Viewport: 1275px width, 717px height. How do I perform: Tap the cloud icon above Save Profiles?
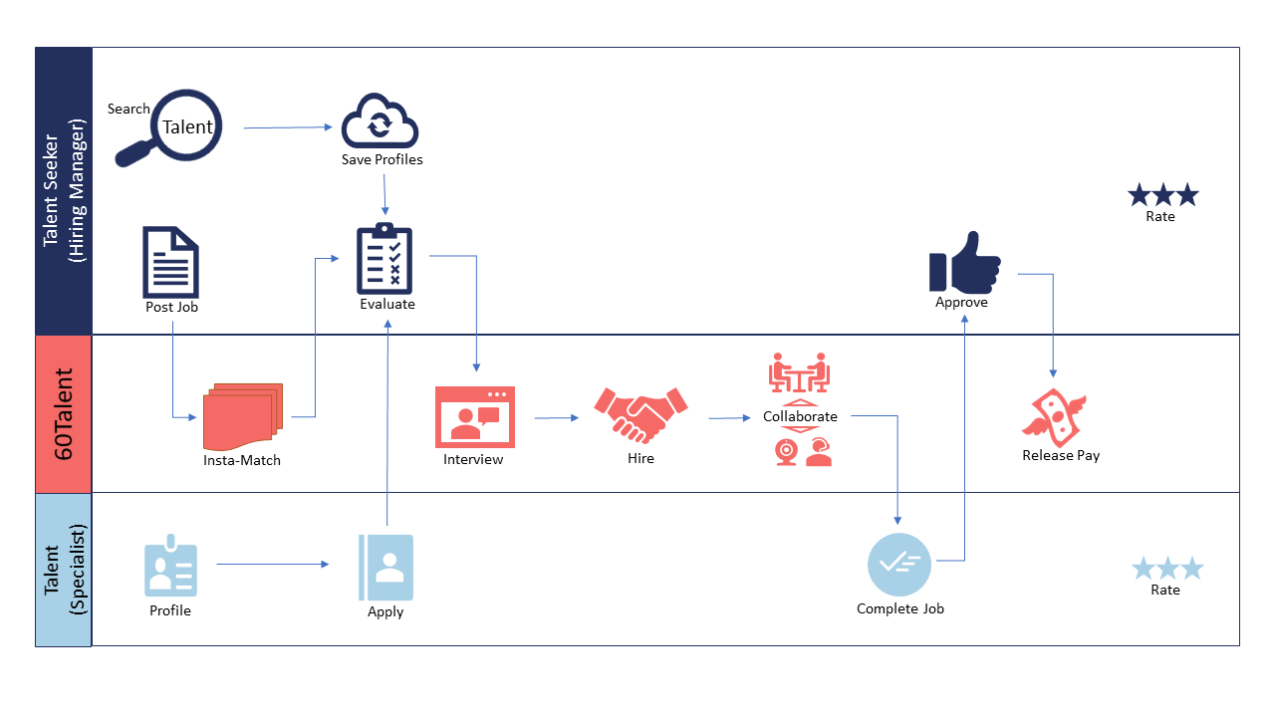click(380, 122)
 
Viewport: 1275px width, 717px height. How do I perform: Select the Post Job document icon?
click(171, 262)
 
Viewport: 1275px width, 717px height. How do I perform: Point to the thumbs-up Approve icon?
click(963, 262)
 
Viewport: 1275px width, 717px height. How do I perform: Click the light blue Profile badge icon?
click(170, 569)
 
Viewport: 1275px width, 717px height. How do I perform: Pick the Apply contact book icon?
click(385, 568)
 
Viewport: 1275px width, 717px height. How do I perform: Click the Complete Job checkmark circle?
click(898, 565)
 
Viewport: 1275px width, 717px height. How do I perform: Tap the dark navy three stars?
click(1162, 195)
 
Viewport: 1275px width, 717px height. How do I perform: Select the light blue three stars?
click(1166, 569)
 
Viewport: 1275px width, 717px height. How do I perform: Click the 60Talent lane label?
click(64, 413)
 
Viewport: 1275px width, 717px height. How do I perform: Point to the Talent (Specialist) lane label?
click(64, 570)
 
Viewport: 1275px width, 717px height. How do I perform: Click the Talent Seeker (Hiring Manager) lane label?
click(64, 190)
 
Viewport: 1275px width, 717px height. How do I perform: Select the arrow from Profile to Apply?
click(272, 565)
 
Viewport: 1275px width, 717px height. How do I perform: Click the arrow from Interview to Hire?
click(556, 418)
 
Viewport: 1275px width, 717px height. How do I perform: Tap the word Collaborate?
click(800, 416)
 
